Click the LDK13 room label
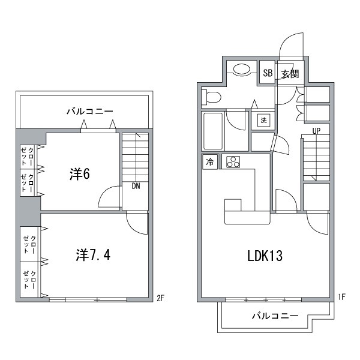point(265,256)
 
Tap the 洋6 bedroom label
point(79,175)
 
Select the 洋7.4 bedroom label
point(93,254)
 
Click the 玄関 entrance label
point(290,74)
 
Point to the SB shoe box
point(268,74)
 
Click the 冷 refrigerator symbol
point(210,162)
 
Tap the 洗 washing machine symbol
point(263,120)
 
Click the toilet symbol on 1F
point(212,96)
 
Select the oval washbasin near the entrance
point(242,70)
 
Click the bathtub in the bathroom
point(214,131)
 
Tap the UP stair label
point(315,131)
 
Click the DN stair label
point(136,186)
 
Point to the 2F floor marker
point(160,298)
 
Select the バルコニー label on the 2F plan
point(89,112)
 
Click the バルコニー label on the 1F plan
point(274,316)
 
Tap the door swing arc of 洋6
point(109,198)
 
